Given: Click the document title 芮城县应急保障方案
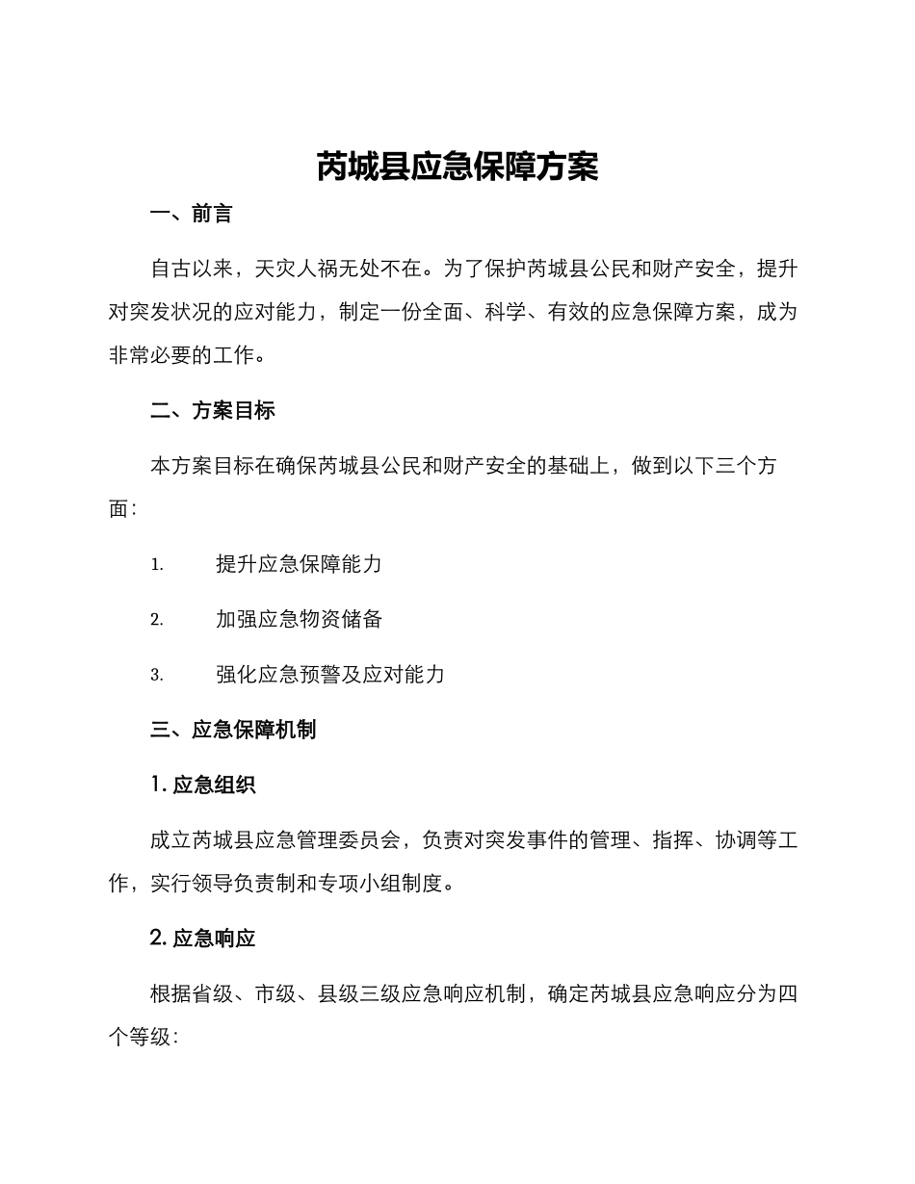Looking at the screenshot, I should point(457,167).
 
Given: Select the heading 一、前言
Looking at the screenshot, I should point(192,215).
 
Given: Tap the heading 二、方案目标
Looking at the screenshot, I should point(213,411).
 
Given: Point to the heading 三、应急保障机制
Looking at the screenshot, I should point(233,730).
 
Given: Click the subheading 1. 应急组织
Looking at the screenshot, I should point(203,785).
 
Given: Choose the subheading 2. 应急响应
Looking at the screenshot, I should point(203,938).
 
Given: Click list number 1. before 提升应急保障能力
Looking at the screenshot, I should point(157,565).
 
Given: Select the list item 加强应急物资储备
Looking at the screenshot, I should point(299,620).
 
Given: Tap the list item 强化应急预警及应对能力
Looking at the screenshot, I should point(329,675).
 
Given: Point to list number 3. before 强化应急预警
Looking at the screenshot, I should point(157,676).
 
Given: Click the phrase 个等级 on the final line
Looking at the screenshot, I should point(140,1037).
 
